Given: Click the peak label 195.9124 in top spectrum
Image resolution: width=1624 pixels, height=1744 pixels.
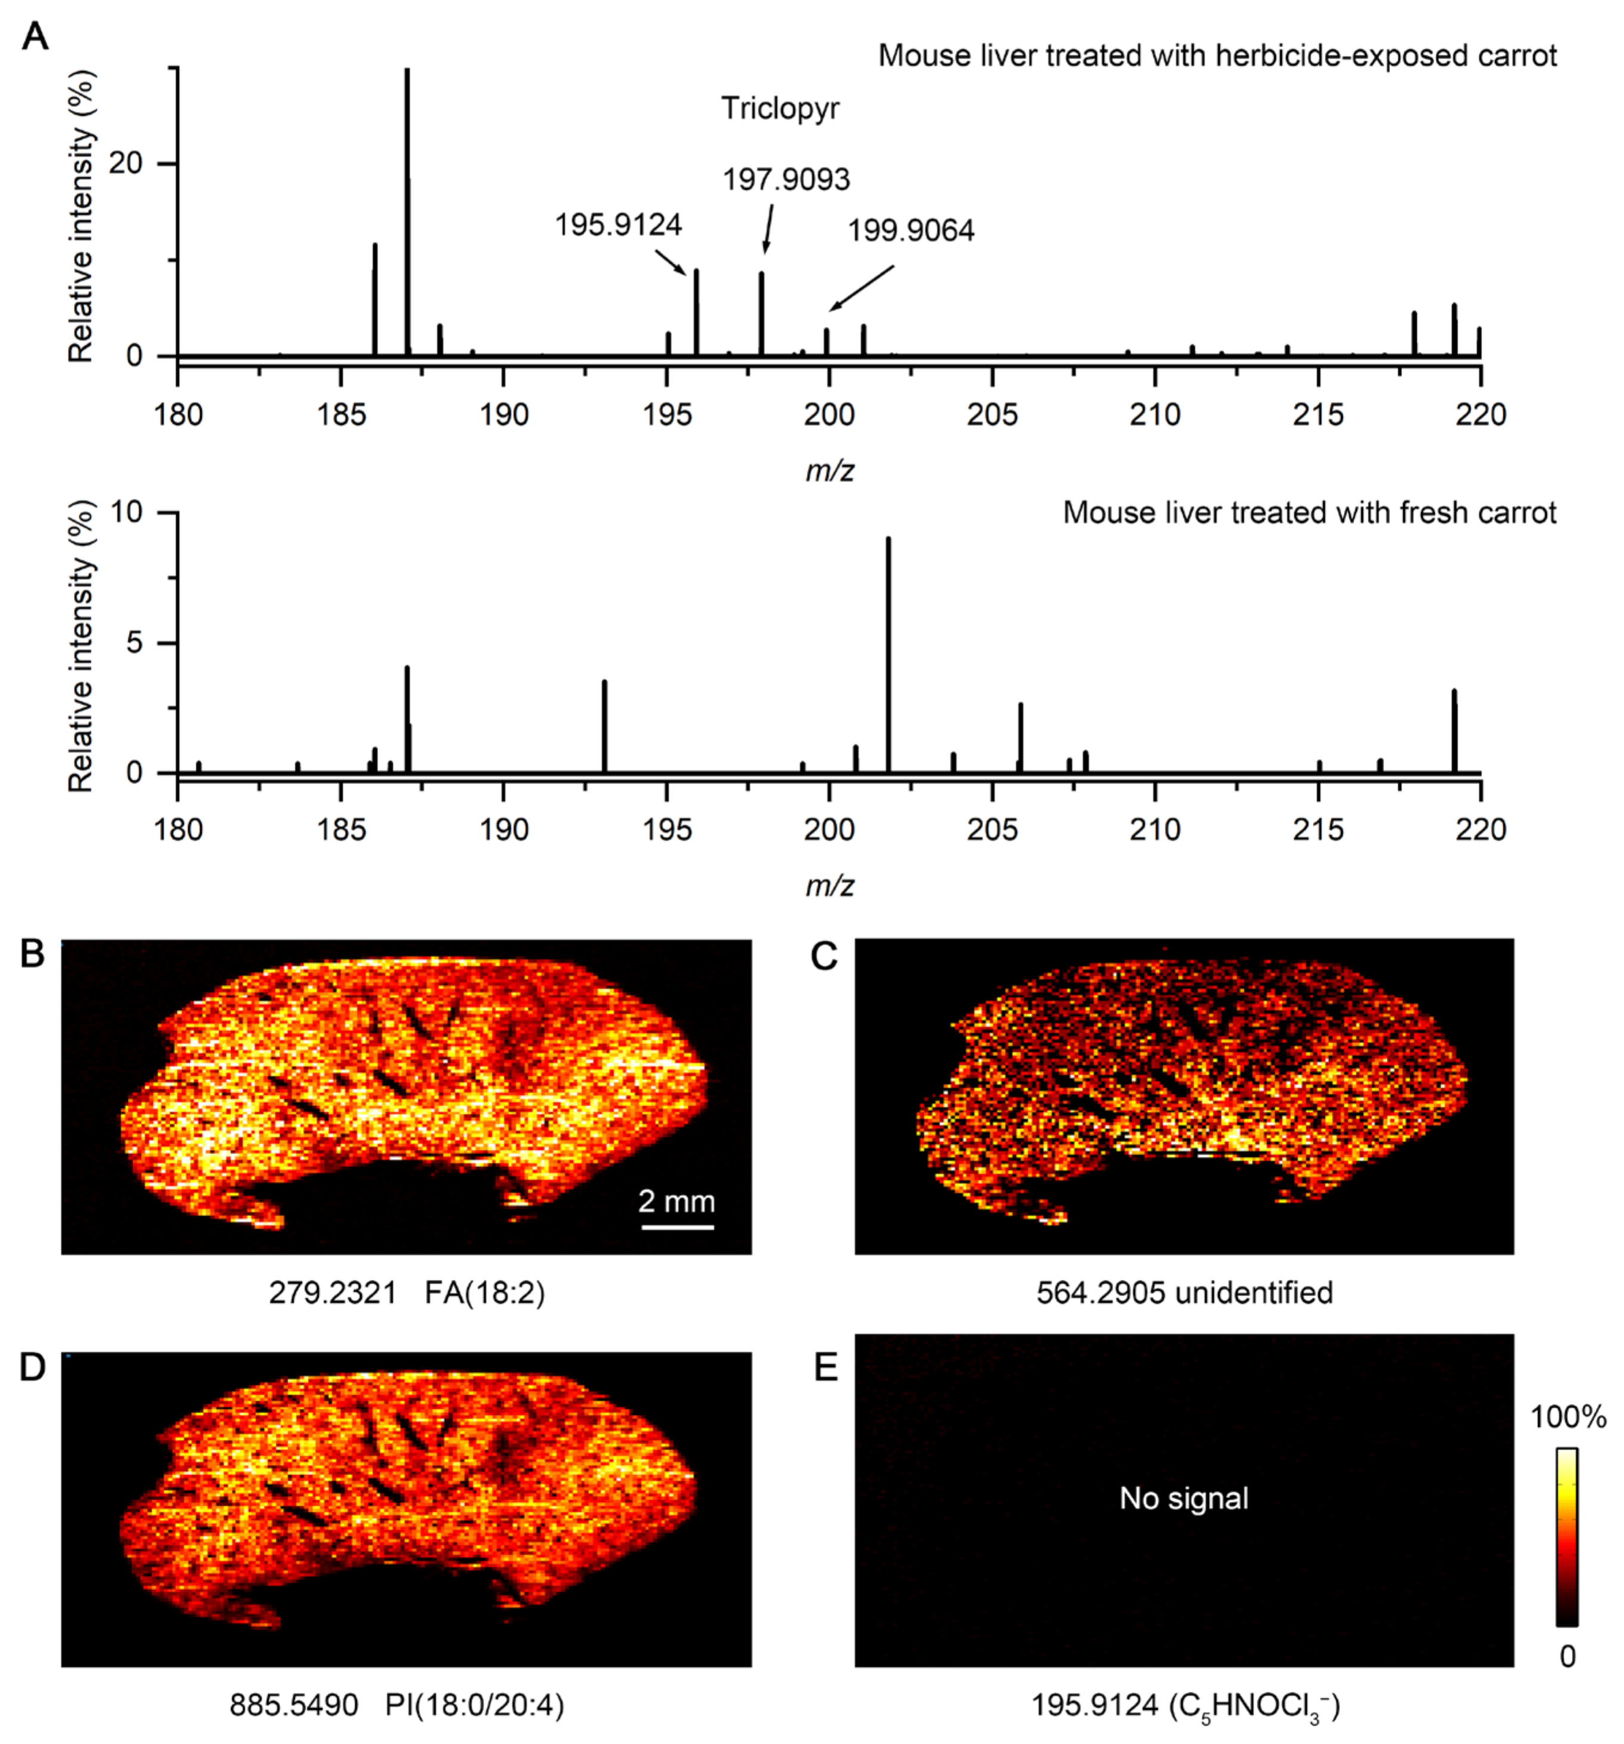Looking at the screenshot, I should point(617,225).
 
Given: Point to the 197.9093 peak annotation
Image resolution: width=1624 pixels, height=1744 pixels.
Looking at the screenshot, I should point(786,180).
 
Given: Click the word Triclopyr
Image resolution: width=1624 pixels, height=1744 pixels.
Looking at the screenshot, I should point(780,109).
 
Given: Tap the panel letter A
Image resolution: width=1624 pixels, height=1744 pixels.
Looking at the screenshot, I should point(35,37).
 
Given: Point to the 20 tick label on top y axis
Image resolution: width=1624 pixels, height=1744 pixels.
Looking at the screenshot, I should point(125,164).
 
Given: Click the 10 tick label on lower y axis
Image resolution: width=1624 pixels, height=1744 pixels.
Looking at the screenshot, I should point(125,512).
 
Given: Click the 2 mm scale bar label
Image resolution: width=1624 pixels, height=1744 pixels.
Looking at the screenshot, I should point(676,1201).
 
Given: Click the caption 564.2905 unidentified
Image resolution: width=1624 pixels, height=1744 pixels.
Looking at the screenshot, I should point(1184,1293).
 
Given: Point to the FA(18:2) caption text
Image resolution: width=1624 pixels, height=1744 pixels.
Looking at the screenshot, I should point(485,1293).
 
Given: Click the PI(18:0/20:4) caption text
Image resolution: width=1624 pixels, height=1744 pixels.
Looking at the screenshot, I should point(475,1705).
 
